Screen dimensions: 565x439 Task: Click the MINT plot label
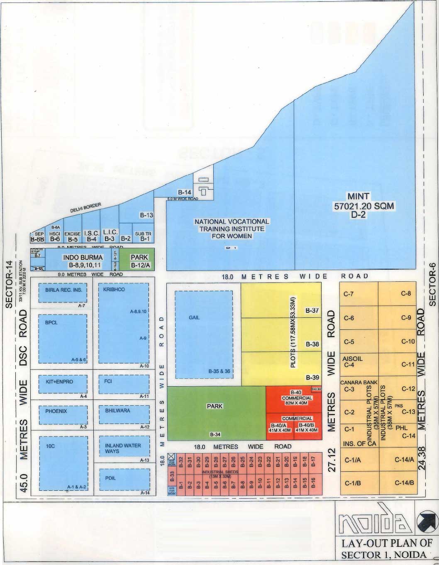tap(359, 196)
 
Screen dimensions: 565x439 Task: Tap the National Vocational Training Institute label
tap(232, 229)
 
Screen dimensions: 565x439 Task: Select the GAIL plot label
tap(194, 317)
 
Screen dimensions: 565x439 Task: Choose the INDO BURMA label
tap(83, 258)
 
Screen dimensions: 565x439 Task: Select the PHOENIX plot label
tap(56, 411)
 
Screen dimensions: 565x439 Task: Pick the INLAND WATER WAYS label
tap(123, 448)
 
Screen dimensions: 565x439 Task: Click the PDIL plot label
tap(110, 478)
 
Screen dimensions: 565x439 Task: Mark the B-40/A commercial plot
tap(280, 428)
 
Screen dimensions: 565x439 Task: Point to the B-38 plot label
tap(312, 344)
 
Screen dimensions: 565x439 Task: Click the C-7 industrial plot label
tap(349, 294)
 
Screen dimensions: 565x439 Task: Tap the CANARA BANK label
tap(352, 382)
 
